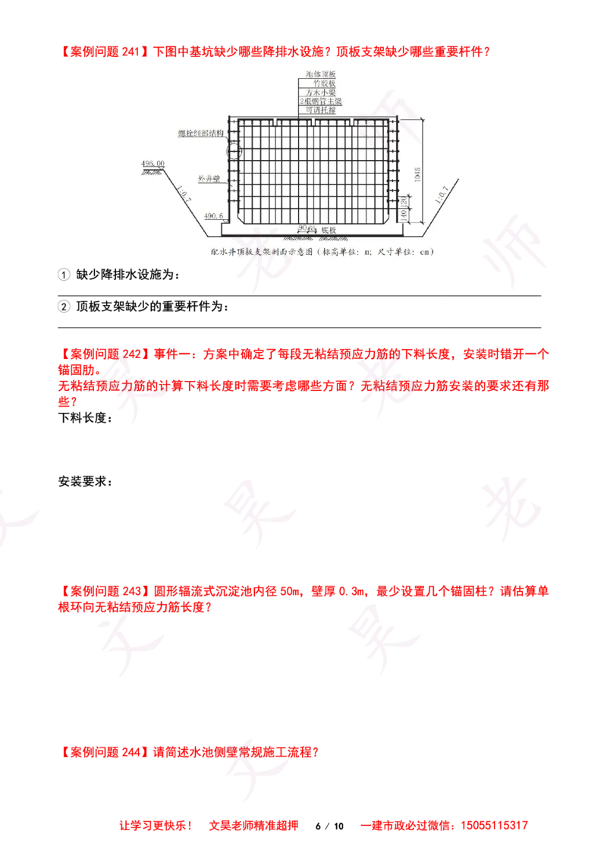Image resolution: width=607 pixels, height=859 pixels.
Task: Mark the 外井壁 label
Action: [x=209, y=180]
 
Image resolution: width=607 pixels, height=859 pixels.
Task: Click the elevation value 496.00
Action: [x=153, y=163]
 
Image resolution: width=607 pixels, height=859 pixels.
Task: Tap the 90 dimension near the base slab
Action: [x=302, y=227]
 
